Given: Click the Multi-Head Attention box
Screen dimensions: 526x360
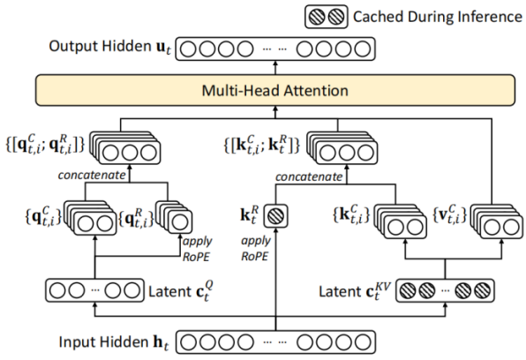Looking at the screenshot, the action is [275, 90].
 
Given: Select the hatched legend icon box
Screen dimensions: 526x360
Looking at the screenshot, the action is [326, 17].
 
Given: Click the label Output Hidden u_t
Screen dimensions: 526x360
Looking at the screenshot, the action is [110, 47].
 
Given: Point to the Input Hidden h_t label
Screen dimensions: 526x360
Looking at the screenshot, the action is [114, 342].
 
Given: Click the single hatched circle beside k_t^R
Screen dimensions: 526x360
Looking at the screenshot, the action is [275, 216].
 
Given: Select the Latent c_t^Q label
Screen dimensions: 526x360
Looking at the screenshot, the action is [181, 291].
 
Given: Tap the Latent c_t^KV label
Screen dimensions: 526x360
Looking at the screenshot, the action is [355, 291].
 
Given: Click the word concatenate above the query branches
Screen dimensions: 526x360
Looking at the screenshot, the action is [92, 175].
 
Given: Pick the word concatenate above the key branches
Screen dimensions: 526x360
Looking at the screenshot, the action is [309, 176].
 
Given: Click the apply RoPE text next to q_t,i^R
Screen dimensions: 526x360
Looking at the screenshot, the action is [197, 249].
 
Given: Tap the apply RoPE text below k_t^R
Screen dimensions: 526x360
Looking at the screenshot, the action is [256, 249].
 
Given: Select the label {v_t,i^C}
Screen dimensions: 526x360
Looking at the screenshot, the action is [449, 214].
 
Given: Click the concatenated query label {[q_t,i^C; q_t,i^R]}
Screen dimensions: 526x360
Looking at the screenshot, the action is [45, 145].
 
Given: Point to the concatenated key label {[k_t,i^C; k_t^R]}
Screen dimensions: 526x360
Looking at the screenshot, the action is [261, 145].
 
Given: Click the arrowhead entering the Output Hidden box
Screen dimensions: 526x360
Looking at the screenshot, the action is [275, 63].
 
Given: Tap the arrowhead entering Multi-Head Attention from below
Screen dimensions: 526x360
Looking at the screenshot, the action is [275, 109].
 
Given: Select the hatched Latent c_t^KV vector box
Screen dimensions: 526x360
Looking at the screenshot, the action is [445, 290].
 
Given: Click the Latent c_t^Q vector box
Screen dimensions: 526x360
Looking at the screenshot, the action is [95, 290].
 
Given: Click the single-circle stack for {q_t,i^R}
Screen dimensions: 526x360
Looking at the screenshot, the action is [174, 217].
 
